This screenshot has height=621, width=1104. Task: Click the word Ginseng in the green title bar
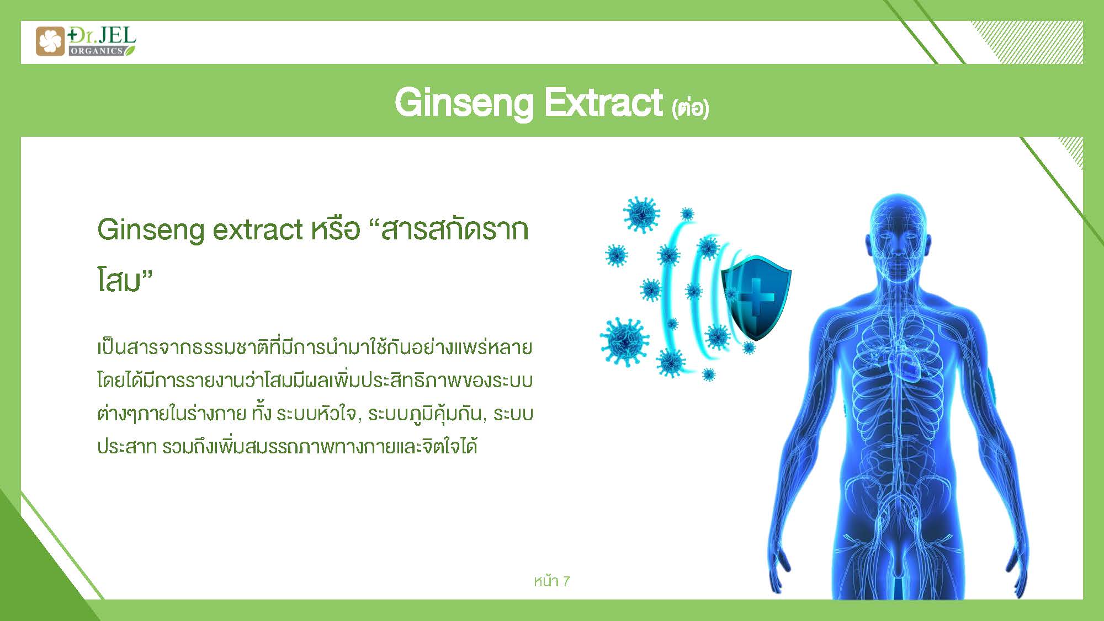click(x=464, y=103)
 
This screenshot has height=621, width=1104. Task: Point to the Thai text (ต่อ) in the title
click(x=690, y=107)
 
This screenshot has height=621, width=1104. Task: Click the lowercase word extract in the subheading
click(x=258, y=230)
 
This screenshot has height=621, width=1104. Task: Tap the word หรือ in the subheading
click(x=336, y=228)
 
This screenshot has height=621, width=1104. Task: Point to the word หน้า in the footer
click(x=546, y=580)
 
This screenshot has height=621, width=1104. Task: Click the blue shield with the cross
click(x=756, y=297)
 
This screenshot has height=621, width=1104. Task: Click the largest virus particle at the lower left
click(x=624, y=340)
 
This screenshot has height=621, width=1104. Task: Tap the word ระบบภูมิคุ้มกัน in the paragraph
click(x=424, y=414)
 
